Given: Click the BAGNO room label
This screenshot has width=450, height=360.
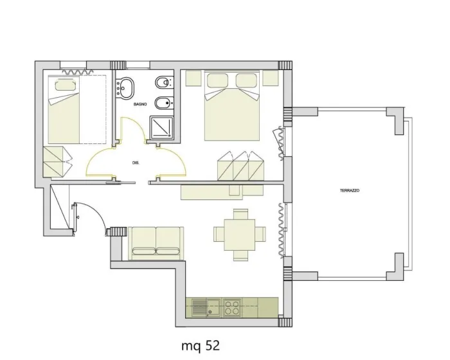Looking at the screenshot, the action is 140,104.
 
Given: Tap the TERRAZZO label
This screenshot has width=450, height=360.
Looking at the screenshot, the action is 350,190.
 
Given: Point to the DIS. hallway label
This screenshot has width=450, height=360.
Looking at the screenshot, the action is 136,163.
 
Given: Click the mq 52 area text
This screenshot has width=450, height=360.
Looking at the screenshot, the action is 201,346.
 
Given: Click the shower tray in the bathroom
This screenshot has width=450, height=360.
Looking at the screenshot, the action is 161,127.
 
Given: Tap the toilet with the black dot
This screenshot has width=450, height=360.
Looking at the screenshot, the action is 164,103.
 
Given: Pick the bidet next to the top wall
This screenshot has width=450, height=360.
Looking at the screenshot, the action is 164,83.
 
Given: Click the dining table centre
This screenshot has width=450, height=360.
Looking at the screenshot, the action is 240,235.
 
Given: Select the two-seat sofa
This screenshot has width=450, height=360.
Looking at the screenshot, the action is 156,243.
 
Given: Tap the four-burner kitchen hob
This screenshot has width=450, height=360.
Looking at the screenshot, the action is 232,307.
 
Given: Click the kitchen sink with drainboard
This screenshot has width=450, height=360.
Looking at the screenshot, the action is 206,307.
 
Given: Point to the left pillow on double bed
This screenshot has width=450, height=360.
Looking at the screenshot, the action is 217,80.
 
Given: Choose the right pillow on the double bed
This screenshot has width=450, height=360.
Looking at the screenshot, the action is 246,80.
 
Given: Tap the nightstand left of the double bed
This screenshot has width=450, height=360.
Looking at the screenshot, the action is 193,78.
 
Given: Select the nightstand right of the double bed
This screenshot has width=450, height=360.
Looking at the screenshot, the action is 271,78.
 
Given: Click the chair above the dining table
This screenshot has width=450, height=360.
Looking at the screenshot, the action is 240,214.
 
